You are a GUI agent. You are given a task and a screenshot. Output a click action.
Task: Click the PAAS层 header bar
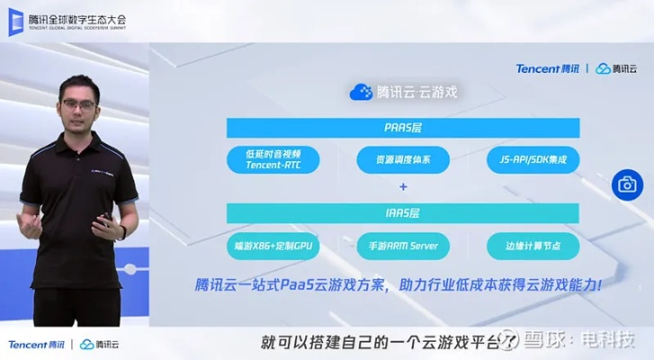point(402,126)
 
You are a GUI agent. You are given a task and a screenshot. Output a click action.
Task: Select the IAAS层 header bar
point(402,213)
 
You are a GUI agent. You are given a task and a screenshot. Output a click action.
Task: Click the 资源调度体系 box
point(402,159)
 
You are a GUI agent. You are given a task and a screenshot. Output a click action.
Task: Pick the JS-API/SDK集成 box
point(533,159)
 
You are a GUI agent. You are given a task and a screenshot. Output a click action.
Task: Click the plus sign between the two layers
point(403,187)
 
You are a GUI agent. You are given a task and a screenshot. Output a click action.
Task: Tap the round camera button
point(626,185)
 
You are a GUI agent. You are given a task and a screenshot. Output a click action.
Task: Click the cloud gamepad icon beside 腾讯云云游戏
point(361,92)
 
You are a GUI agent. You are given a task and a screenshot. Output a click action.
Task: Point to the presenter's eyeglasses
point(81,104)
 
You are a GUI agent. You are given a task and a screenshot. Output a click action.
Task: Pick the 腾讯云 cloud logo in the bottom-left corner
point(100,345)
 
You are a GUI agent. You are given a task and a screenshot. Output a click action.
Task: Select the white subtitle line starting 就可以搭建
point(378,343)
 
